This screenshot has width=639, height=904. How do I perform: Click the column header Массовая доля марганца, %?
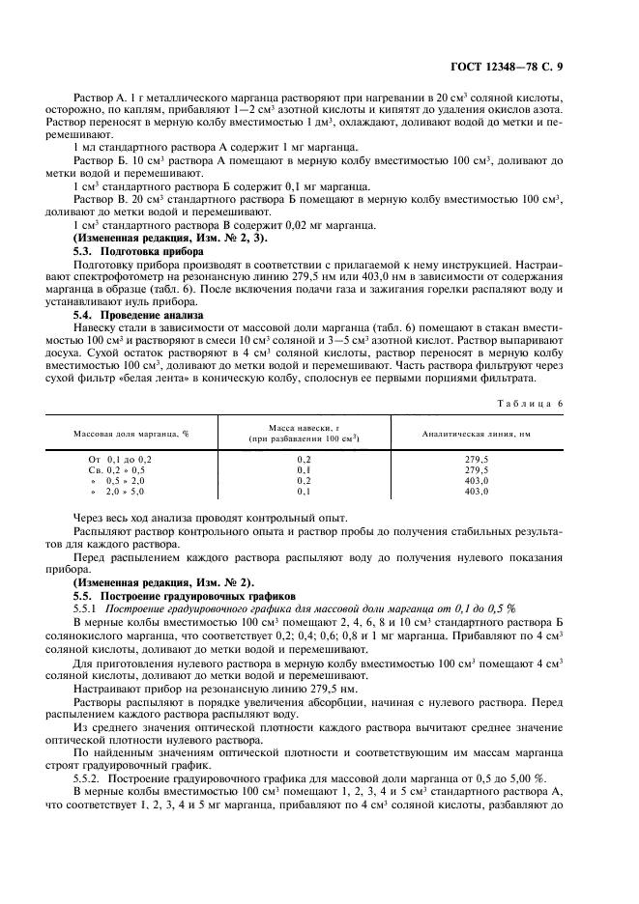[131, 434]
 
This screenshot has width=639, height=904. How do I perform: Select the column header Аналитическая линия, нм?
[477, 434]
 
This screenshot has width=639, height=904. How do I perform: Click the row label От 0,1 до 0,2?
[120, 459]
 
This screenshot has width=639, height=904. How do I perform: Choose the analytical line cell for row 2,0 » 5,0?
[477, 492]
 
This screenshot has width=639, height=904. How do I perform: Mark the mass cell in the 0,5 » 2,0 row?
[305, 480]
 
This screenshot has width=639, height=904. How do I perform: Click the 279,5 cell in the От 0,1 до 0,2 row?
[477, 459]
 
